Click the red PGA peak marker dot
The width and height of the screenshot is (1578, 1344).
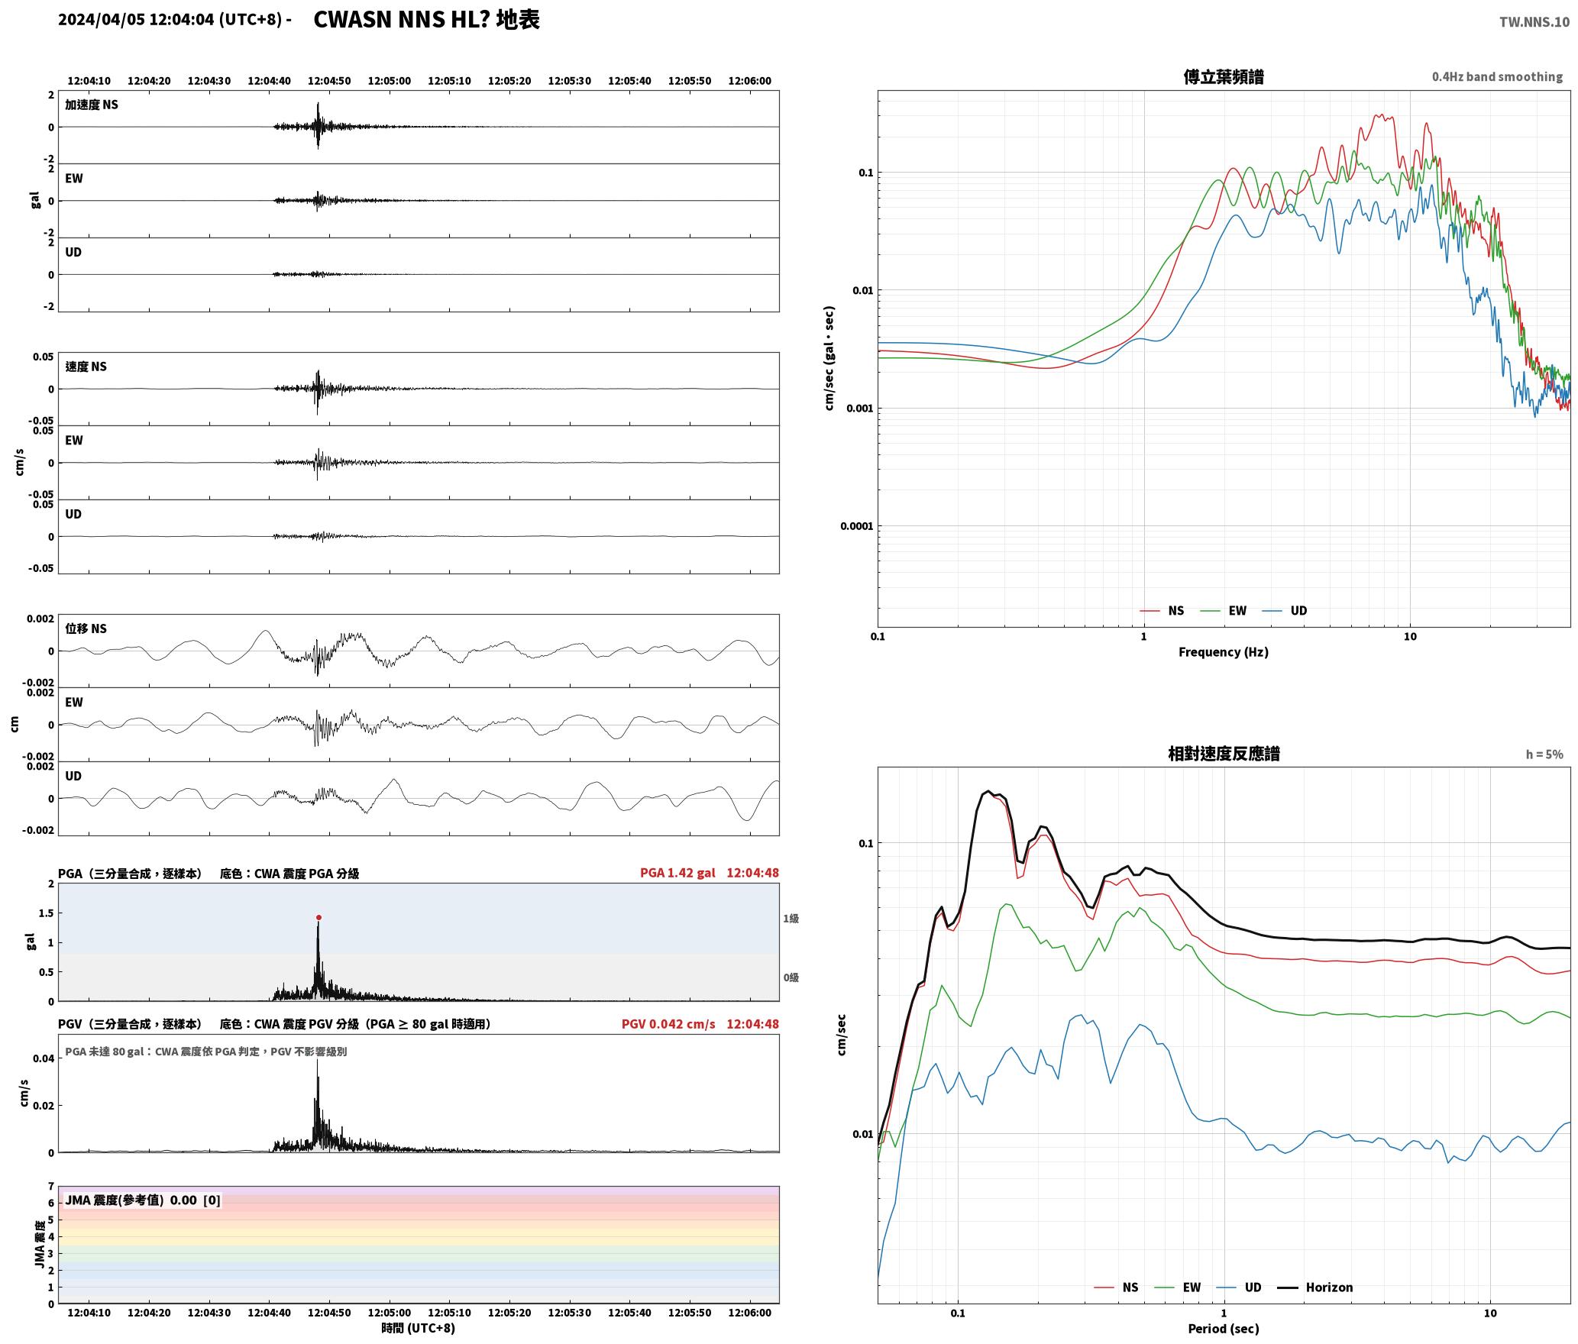[319, 917]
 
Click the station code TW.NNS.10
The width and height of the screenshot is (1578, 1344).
[1534, 22]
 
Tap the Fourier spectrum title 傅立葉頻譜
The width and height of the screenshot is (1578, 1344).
[1223, 77]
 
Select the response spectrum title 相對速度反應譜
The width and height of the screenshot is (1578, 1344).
[1224, 754]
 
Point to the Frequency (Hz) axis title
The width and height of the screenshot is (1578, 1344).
[1223, 652]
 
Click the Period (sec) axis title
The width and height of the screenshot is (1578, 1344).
[1223, 1329]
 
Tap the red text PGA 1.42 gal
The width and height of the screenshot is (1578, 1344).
[677, 873]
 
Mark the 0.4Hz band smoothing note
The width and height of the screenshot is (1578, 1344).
[1497, 77]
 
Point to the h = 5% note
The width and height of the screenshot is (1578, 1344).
[1544, 754]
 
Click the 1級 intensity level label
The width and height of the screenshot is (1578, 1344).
[791, 919]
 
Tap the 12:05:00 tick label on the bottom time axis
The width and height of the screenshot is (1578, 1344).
[390, 1313]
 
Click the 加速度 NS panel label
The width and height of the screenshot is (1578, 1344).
[92, 105]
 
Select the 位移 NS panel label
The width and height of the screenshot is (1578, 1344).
[86, 628]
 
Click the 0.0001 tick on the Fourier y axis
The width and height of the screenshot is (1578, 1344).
[856, 526]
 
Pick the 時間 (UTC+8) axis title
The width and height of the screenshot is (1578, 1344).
[418, 1328]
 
